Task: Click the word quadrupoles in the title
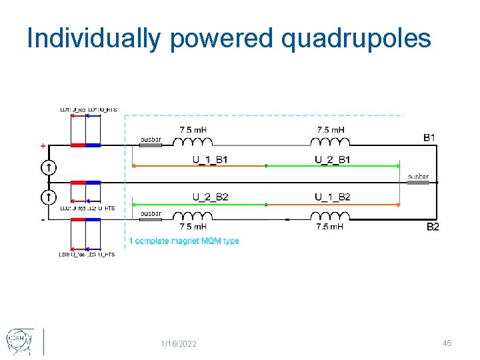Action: (x=357, y=39)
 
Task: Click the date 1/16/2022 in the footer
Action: (x=179, y=343)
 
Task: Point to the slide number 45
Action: (x=447, y=343)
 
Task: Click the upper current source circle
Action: (x=49, y=167)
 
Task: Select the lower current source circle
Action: (x=49, y=197)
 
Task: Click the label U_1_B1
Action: (x=210, y=159)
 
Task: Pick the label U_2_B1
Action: (x=332, y=159)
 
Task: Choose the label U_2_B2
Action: (x=210, y=196)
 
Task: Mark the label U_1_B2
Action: (x=332, y=196)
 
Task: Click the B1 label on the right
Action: (x=430, y=137)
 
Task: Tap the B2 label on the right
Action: (x=432, y=227)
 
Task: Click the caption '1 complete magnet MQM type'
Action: (x=183, y=241)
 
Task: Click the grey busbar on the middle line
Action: (x=419, y=183)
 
